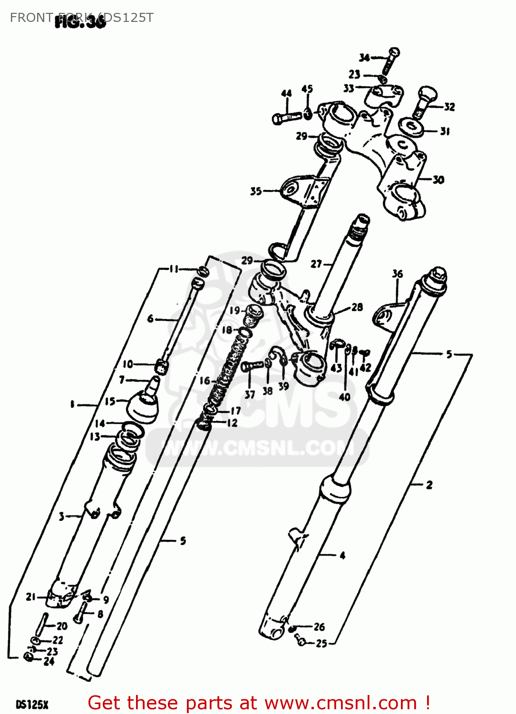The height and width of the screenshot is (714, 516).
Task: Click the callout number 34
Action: (364, 58)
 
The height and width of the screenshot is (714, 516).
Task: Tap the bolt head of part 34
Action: (394, 51)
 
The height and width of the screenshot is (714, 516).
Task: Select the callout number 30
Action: (438, 180)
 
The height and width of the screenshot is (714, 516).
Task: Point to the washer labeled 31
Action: (409, 127)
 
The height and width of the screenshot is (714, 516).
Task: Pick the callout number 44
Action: (286, 93)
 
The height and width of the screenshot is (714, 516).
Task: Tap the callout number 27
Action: (316, 264)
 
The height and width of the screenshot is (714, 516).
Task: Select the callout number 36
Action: (398, 274)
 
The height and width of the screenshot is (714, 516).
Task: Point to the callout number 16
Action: (205, 381)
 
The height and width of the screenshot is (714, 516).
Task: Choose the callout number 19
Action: (235, 311)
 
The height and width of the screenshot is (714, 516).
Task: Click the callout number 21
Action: (31, 596)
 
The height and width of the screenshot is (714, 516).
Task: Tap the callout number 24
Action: (49, 661)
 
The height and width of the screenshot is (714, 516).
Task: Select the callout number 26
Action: (319, 627)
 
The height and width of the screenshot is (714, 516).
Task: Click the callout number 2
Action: (429, 485)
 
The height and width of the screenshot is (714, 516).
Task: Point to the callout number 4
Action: (342, 555)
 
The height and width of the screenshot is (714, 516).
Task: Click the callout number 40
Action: (345, 397)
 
